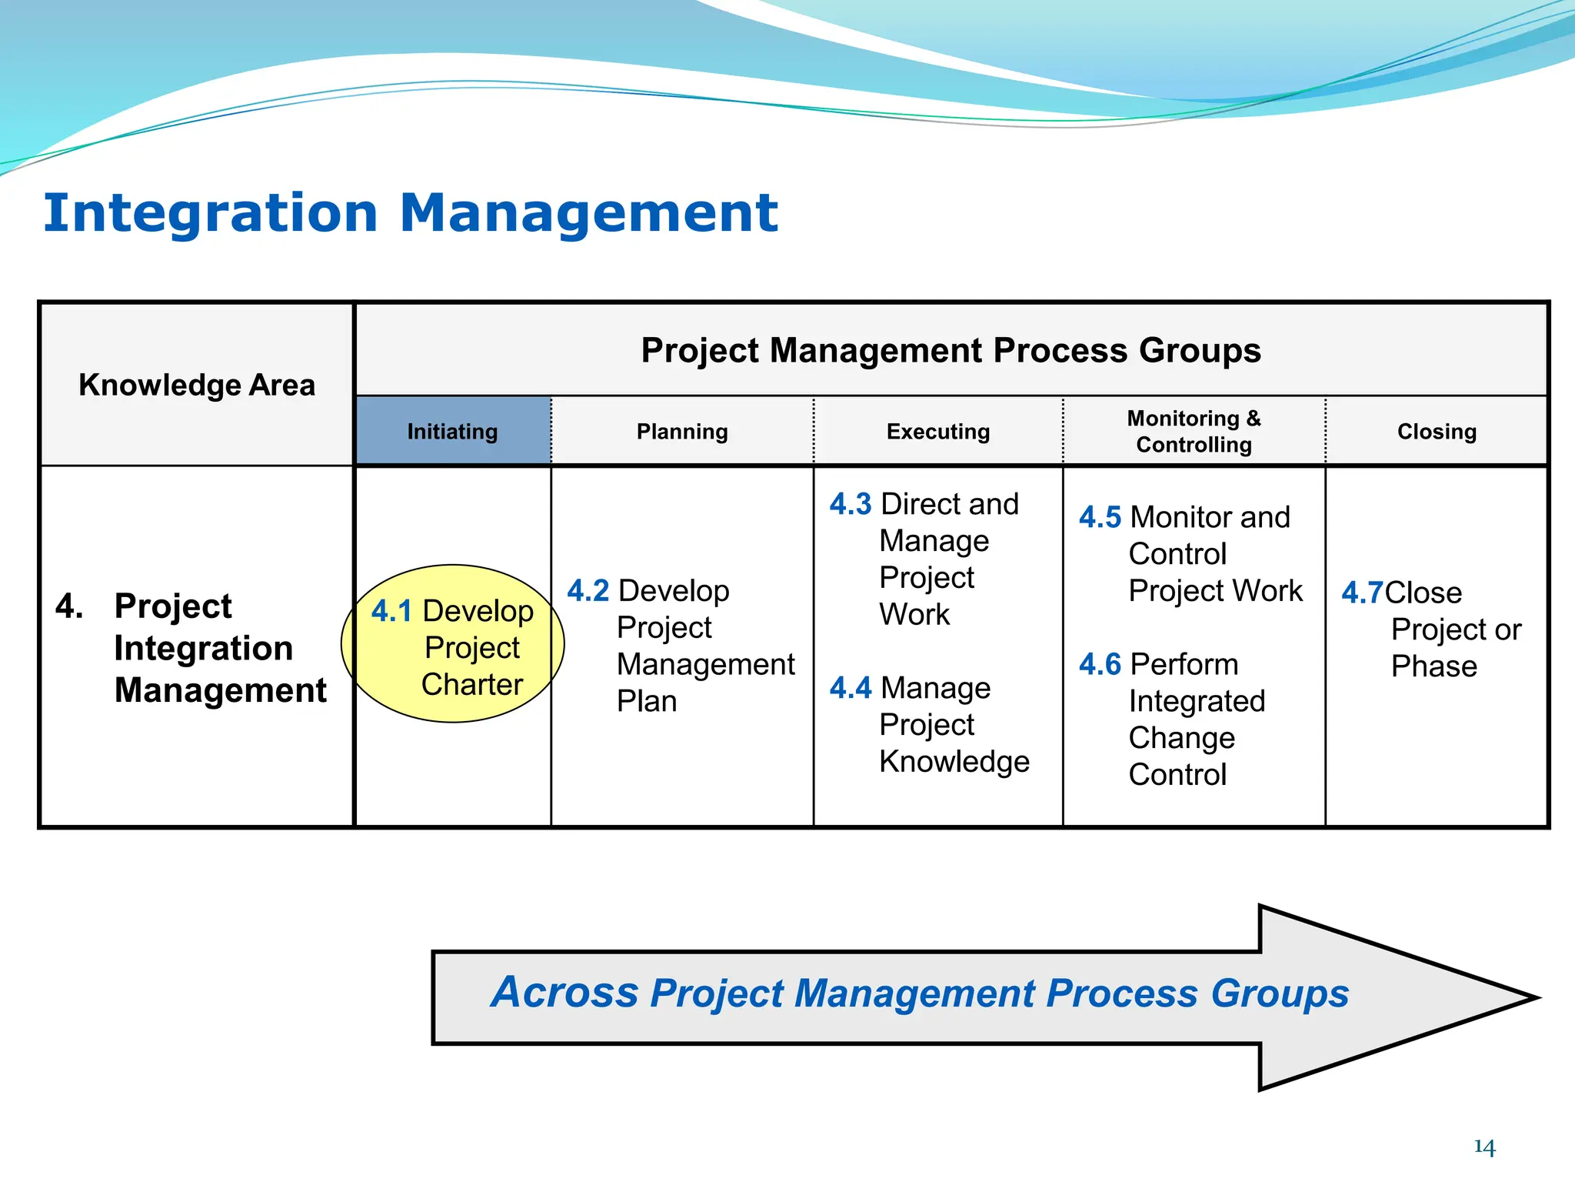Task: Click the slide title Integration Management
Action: (x=411, y=213)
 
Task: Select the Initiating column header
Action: (x=452, y=432)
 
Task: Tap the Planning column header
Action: (x=682, y=432)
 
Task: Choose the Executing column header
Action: (x=938, y=432)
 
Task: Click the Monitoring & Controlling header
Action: (x=1194, y=432)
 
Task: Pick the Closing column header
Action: (x=1437, y=432)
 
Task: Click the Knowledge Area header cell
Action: (x=197, y=385)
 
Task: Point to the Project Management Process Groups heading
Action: (x=951, y=351)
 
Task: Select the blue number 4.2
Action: (x=588, y=592)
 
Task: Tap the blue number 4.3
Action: (x=850, y=505)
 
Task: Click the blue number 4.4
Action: (x=850, y=688)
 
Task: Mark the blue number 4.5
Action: (x=1100, y=518)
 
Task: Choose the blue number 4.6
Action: (x=1100, y=665)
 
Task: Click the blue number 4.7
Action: (x=1362, y=593)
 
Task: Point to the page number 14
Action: (x=1484, y=1147)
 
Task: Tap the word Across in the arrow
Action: (x=564, y=993)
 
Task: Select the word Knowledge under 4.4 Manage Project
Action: (x=954, y=762)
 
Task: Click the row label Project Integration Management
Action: (x=219, y=648)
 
